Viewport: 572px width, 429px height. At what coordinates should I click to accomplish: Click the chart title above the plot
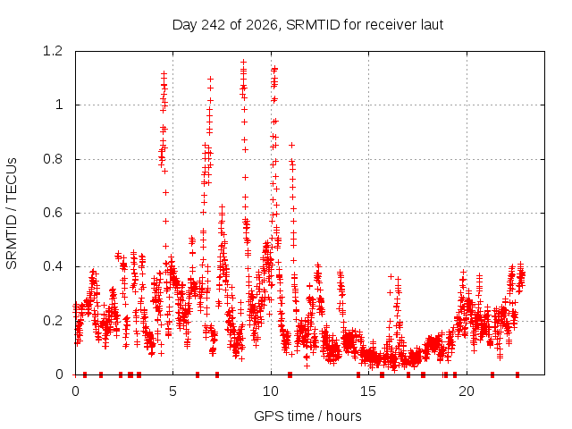pyautogui.click(x=307, y=25)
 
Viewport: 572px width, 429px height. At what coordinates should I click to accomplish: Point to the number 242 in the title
pyautogui.click(x=214, y=25)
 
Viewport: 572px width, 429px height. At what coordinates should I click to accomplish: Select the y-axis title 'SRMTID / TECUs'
pyautogui.click(x=12, y=214)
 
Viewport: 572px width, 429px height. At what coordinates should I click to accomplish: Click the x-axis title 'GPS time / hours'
pyautogui.click(x=307, y=416)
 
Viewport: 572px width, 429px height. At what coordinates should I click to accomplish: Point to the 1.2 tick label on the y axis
pyautogui.click(x=53, y=51)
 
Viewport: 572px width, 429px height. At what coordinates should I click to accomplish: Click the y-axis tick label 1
pyautogui.click(x=59, y=105)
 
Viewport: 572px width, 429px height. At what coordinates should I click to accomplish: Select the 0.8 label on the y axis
pyautogui.click(x=53, y=159)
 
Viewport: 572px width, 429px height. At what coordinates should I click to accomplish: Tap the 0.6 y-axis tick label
pyautogui.click(x=53, y=213)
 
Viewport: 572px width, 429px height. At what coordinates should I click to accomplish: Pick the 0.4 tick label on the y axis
pyautogui.click(x=53, y=266)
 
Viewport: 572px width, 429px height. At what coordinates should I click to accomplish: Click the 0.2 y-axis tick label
pyautogui.click(x=53, y=321)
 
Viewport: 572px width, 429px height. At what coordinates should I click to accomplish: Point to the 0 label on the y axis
pyautogui.click(x=59, y=374)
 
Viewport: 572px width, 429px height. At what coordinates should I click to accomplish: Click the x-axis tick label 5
pyautogui.click(x=172, y=391)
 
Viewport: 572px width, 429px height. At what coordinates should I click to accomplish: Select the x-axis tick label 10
pyautogui.click(x=271, y=391)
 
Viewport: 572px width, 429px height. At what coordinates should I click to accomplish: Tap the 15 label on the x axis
pyautogui.click(x=368, y=391)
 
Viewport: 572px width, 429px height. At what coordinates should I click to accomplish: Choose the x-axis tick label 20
pyautogui.click(x=467, y=391)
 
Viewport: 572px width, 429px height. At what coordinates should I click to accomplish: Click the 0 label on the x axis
pyautogui.click(x=75, y=391)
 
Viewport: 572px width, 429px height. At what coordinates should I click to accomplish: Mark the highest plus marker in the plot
pyautogui.click(x=243, y=62)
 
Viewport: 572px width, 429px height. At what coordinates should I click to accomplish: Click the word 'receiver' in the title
pyautogui.click(x=391, y=25)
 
